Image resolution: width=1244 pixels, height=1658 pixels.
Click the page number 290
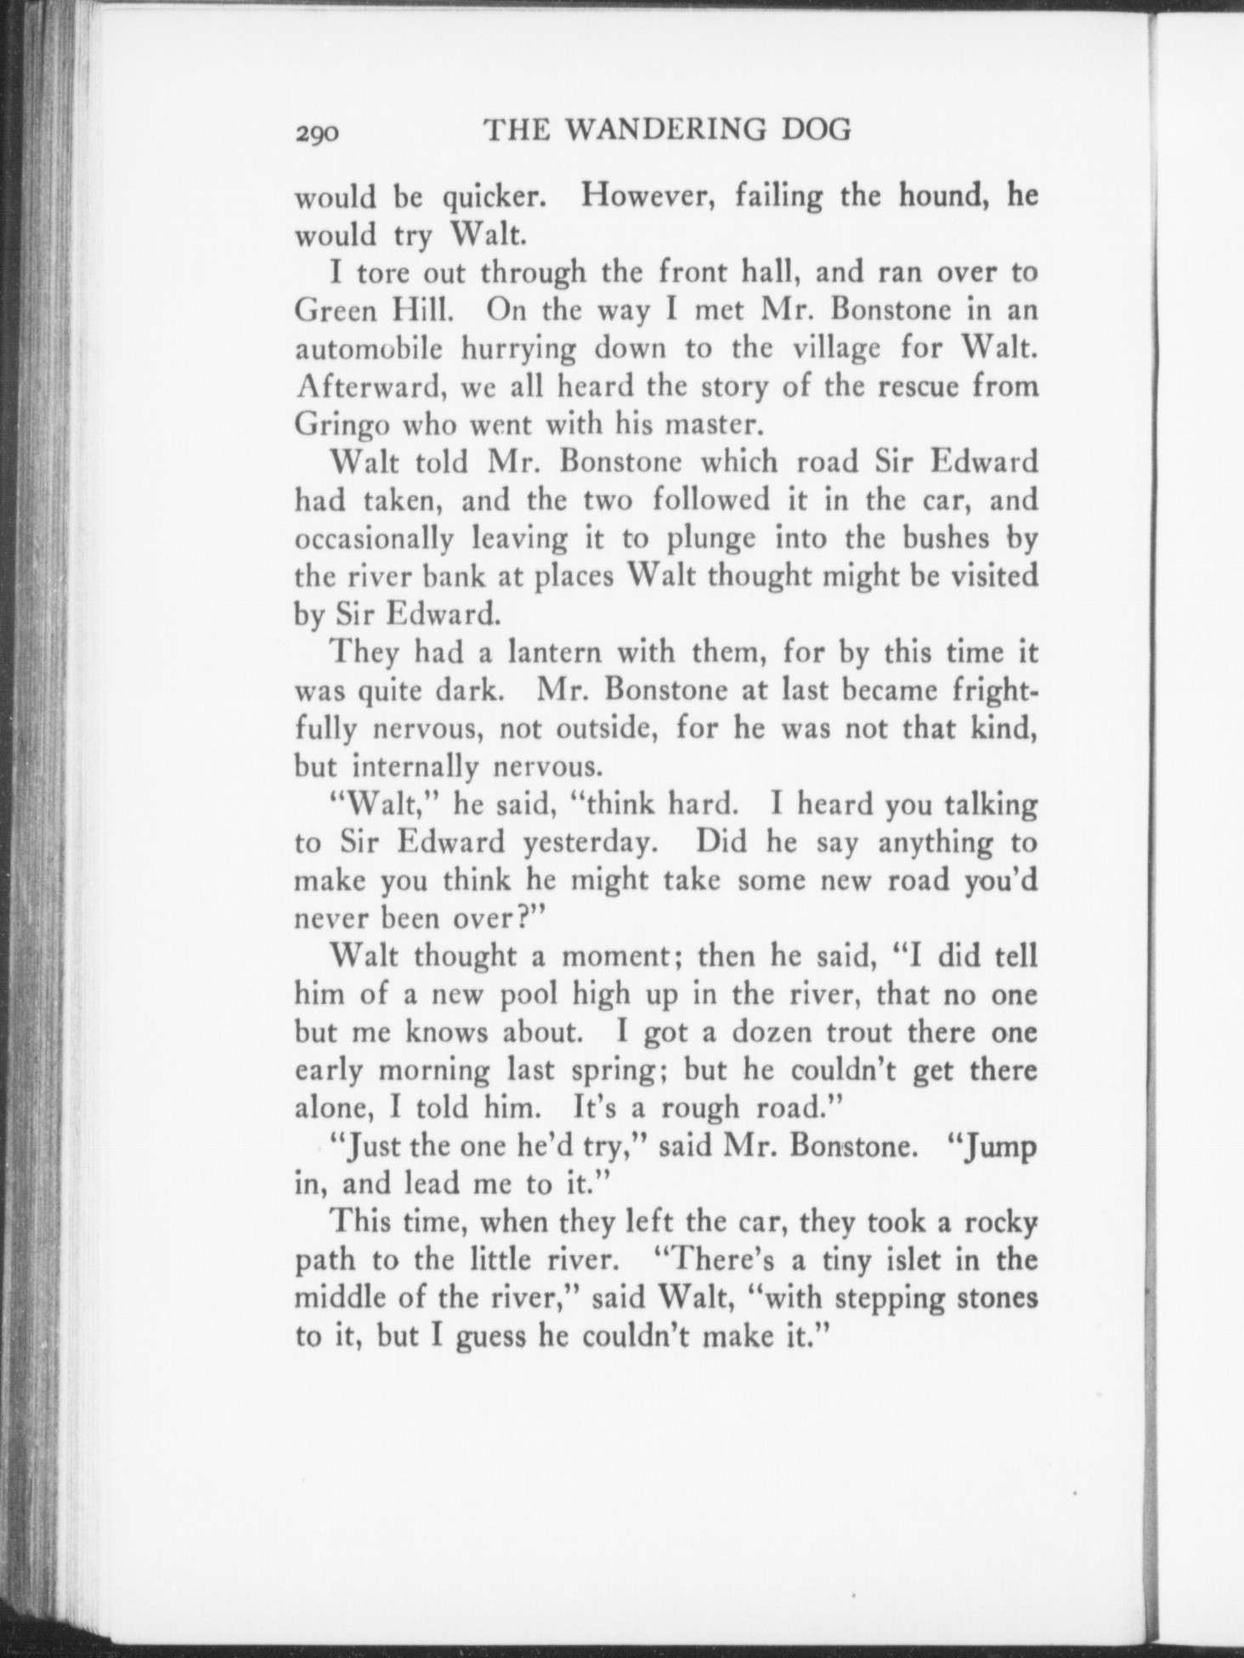(x=318, y=133)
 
